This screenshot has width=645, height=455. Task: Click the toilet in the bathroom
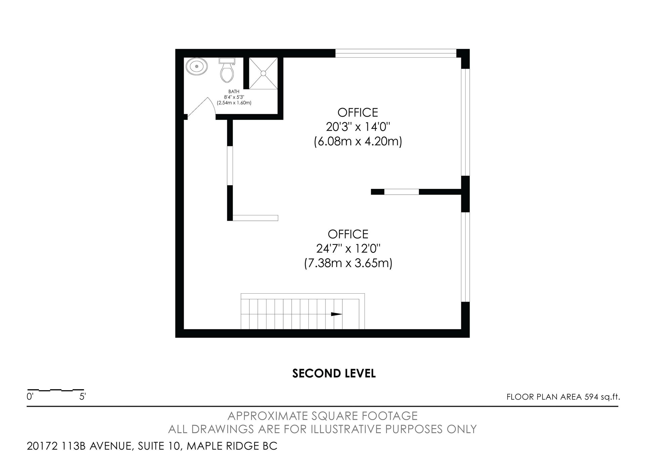227,70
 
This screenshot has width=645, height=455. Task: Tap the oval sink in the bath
197,67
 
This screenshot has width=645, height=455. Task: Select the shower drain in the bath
263,73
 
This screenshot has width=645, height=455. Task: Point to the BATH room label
234,91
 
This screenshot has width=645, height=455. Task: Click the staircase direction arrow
336,314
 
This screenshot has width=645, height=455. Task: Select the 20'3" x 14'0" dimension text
358,127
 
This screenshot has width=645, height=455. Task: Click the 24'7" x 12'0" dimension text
348,249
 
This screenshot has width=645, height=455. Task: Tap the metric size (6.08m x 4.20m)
358,141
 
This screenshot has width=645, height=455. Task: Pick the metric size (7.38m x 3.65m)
348,263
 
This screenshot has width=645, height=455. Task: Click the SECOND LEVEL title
334,373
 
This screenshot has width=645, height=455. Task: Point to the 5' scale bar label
83,397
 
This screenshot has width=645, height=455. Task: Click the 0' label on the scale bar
30,397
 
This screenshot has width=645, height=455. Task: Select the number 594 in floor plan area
591,397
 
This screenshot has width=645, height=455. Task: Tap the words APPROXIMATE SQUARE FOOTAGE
322,416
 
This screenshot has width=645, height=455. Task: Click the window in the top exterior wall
396,53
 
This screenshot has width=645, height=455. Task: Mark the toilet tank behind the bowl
227,61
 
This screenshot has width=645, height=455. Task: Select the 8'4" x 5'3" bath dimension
234,97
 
